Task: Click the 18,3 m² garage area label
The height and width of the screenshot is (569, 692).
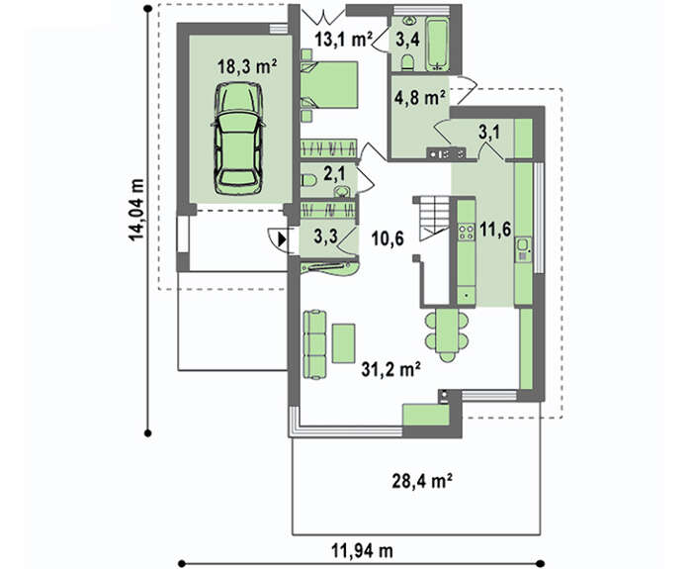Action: tap(247, 66)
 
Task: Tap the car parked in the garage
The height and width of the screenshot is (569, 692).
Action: tap(238, 139)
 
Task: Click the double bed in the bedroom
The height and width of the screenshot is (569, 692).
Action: tap(329, 85)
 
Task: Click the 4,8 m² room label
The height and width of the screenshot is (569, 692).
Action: tap(419, 98)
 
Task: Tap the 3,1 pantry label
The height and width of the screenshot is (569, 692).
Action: tap(490, 132)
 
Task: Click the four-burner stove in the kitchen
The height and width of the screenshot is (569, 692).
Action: tap(466, 232)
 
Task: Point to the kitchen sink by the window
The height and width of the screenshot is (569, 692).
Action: tap(523, 249)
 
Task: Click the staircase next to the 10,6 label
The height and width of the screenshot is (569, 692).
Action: tap(434, 219)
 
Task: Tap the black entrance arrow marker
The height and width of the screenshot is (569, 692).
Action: tap(282, 240)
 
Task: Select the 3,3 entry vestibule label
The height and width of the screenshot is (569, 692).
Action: tap(325, 237)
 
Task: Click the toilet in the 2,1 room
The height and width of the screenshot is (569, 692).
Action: tap(308, 180)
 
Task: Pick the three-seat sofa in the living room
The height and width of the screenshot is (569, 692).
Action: tap(315, 344)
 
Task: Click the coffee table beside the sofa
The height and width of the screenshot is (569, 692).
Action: tap(343, 343)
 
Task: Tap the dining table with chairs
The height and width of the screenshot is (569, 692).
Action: tap(447, 334)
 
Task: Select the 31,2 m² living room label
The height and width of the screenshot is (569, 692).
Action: tap(390, 369)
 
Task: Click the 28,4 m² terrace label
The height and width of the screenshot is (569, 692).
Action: tap(422, 481)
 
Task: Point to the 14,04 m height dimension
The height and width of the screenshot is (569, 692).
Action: tap(136, 210)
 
